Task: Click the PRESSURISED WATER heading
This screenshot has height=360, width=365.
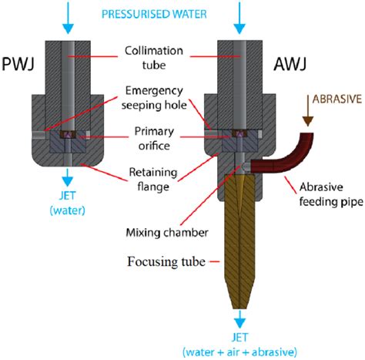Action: click(x=154, y=14)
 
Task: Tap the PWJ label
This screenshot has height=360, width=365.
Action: click(x=18, y=64)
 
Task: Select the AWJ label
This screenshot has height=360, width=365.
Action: click(x=290, y=64)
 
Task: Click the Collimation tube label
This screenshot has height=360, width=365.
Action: click(x=154, y=58)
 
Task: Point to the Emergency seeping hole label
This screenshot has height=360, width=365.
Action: click(x=154, y=98)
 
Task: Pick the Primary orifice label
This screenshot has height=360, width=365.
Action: click(x=154, y=138)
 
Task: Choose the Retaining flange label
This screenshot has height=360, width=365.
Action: click(x=153, y=179)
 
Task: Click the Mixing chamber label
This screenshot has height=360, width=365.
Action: click(x=167, y=233)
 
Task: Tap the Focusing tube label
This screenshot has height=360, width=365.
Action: click(x=166, y=262)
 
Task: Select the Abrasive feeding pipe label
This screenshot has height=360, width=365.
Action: click(x=331, y=194)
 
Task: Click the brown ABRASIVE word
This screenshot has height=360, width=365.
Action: click(x=337, y=99)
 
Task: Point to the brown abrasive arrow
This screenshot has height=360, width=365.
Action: click(x=308, y=110)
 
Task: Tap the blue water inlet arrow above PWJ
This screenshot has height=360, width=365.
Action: click(x=68, y=18)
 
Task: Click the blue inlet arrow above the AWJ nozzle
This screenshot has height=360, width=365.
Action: click(x=239, y=18)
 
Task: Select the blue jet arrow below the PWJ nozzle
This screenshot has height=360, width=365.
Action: click(x=68, y=177)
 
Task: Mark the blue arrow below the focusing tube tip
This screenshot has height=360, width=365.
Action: click(x=239, y=319)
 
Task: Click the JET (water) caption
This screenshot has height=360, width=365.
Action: click(x=67, y=203)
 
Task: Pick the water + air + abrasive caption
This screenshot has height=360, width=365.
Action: click(x=239, y=352)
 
